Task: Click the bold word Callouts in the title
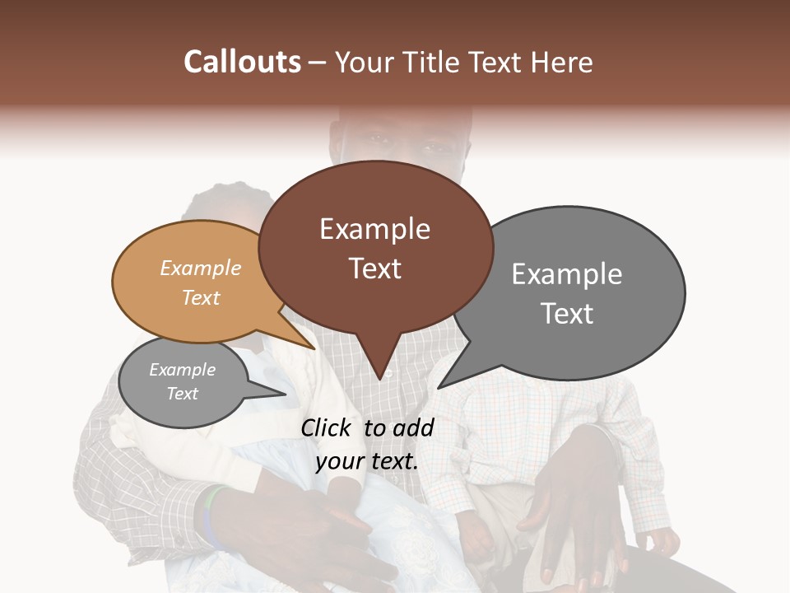[242, 62]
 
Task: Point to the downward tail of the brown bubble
[379, 362]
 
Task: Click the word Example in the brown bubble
[374, 229]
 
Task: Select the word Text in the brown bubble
[374, 268]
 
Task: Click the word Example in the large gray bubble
[566, 274]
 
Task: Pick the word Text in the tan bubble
[201, 297]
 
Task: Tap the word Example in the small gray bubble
[182, 370]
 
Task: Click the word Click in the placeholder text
[328, 427]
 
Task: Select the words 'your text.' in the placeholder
[367, 461]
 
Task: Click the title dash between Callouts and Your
[318, 62]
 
